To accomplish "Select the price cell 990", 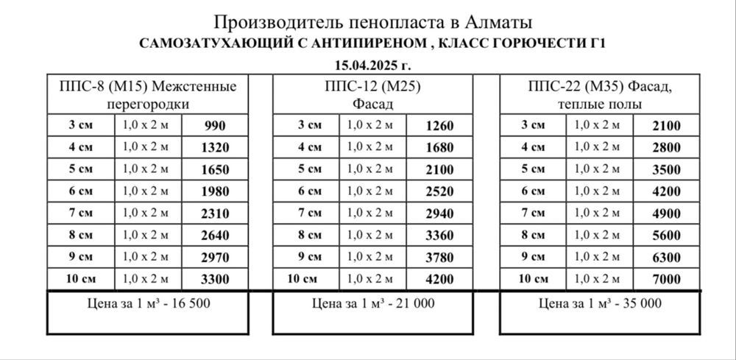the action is pos(215,125).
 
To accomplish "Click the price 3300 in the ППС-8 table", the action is pos(215,279).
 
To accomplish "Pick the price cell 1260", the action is pos(440,125).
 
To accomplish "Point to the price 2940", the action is pos(440,213).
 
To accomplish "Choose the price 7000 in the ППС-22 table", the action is pos(666,279).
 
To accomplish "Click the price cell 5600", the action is pos(666,236).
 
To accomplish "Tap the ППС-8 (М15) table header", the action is pos(148,94).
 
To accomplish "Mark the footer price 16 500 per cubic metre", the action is pos(148,303).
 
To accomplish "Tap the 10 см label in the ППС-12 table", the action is pos(304,279).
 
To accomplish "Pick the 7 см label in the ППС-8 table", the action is pos(80,213).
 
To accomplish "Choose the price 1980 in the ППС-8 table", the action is pos(215,191).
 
